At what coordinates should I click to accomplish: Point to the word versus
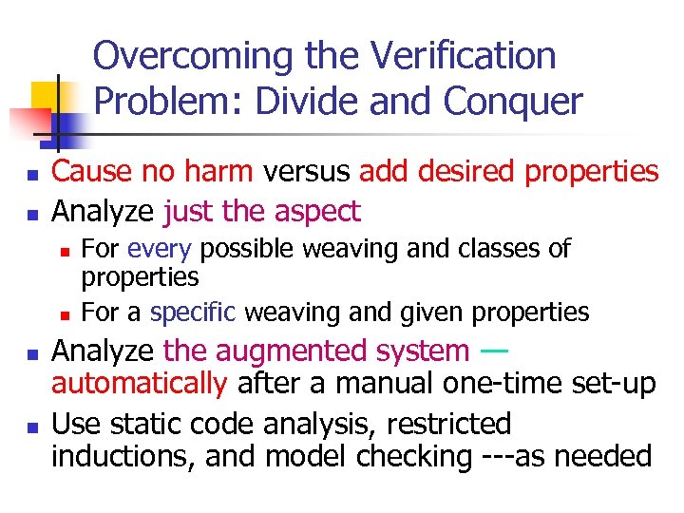[x=307, y=172]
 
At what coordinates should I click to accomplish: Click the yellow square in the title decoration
[x=47, y=96]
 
